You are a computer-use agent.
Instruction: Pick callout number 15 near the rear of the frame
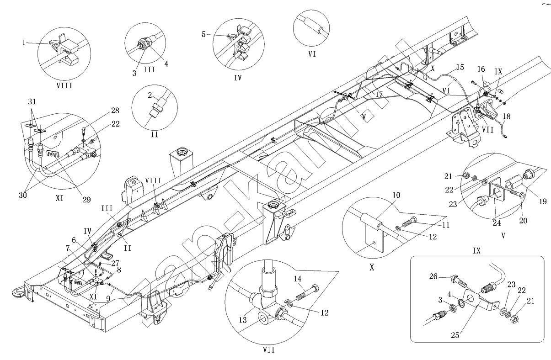coord(460,67)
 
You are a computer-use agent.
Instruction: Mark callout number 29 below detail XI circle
coord(86,200)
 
